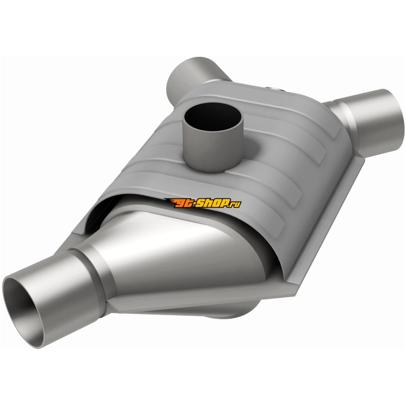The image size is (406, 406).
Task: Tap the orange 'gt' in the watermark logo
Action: (x=183, y=204)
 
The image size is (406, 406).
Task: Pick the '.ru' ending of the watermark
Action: (x=234, y=204)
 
